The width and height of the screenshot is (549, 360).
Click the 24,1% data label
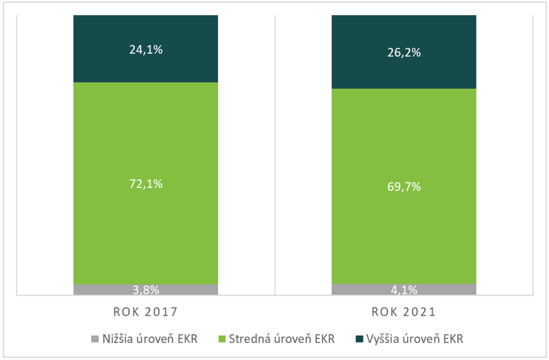point(145,51)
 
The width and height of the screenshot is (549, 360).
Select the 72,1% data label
point(145,184)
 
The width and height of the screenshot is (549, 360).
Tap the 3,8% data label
point(145,291)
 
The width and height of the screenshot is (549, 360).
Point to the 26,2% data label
point(404,52)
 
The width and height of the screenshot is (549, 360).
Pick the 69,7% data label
point(404,187)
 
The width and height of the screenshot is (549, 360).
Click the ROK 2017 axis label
point(145,313)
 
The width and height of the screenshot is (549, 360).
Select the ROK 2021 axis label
point(404,313)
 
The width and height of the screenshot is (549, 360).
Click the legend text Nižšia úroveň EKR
point(151,338)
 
